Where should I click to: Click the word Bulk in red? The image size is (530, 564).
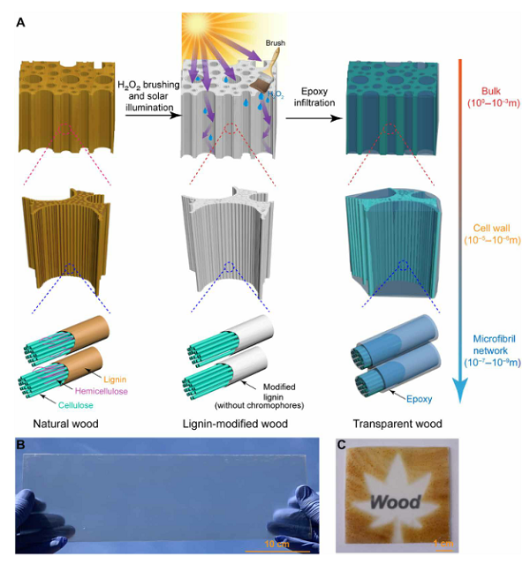(x=489, y=91)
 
